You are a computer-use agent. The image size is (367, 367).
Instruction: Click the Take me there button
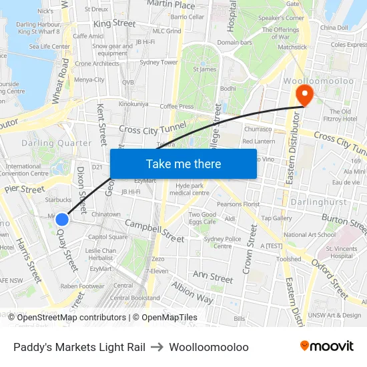pos(183,163)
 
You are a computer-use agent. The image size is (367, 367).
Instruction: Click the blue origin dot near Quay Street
pos(62,219)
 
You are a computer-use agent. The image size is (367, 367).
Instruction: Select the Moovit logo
pos(327,346)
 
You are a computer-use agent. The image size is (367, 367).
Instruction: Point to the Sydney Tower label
pos(159,62)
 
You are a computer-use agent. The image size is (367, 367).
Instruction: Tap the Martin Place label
pos(170,5)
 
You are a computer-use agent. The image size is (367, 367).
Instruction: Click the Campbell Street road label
pos(154,231)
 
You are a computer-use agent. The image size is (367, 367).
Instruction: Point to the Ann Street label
pos(212,276)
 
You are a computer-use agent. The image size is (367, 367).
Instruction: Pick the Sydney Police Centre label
pos(223,242)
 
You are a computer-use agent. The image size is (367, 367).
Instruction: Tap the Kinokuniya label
pos(133,104)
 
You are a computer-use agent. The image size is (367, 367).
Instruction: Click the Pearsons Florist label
pos(242,204)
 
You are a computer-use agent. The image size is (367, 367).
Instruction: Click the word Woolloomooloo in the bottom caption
pos(209,347)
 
